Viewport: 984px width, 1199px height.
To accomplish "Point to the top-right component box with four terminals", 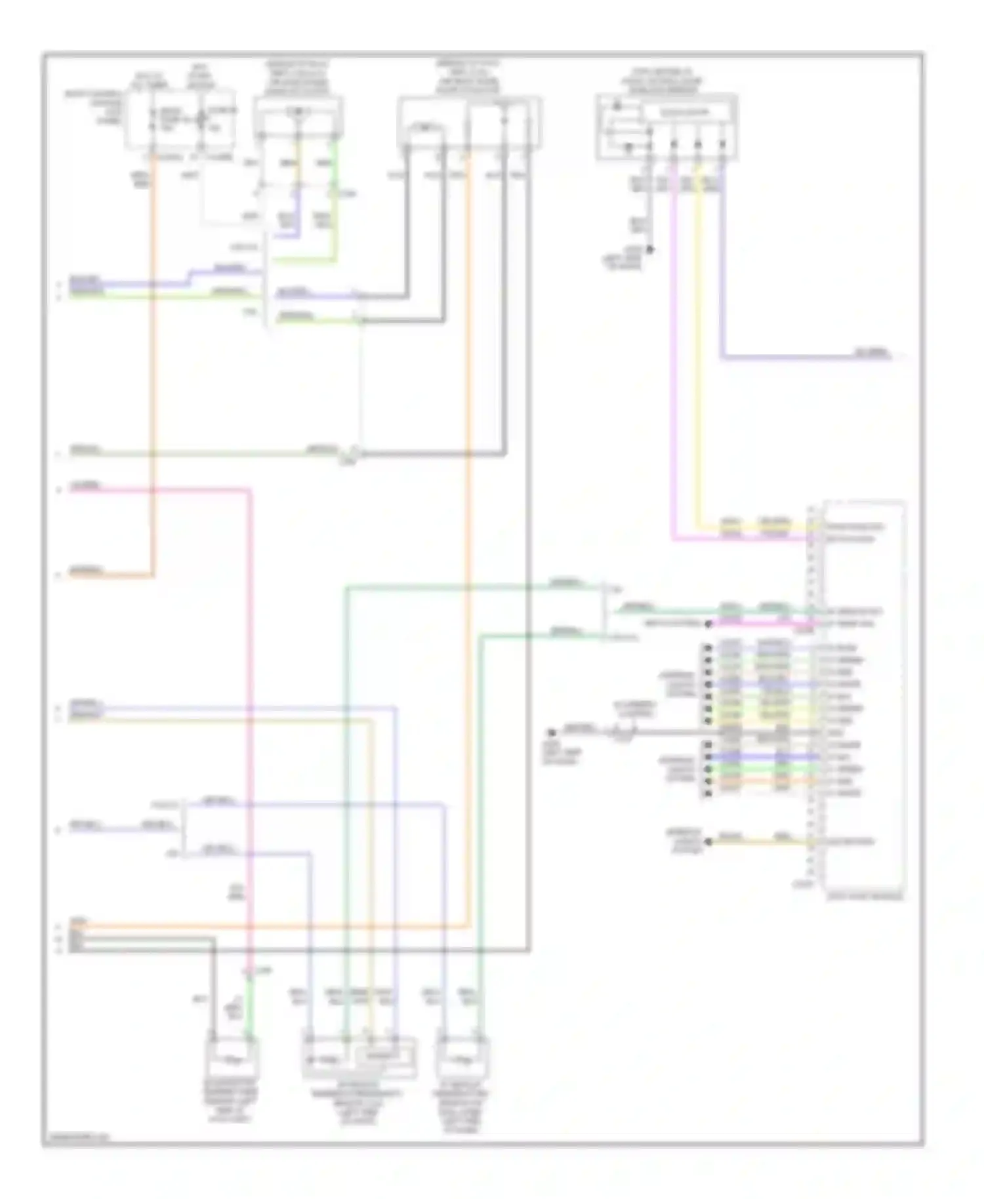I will click(666, 127).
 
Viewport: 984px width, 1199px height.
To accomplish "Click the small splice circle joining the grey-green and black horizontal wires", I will click(354, 452).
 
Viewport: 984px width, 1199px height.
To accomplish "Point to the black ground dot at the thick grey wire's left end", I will click(552, 730).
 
